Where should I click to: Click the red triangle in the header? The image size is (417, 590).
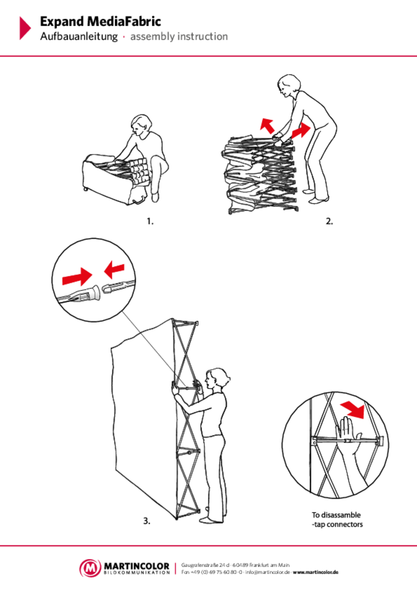[24, 28]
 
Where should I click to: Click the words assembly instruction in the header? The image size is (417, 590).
[179, 37]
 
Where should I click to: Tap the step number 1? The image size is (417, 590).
[150, 222]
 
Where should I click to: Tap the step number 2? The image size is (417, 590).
[329, 222]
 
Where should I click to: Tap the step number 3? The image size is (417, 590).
[147, 521]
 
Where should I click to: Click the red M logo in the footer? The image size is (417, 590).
[90, 568]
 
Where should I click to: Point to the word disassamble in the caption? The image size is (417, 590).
[341, 515]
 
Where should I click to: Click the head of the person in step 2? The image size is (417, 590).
[288, 85]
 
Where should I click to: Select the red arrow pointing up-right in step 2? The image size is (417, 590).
[301, 130]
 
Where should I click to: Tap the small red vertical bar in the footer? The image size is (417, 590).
[175, 569]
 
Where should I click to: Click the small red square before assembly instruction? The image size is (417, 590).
[124, 37]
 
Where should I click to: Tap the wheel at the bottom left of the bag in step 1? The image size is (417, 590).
[86, 189]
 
